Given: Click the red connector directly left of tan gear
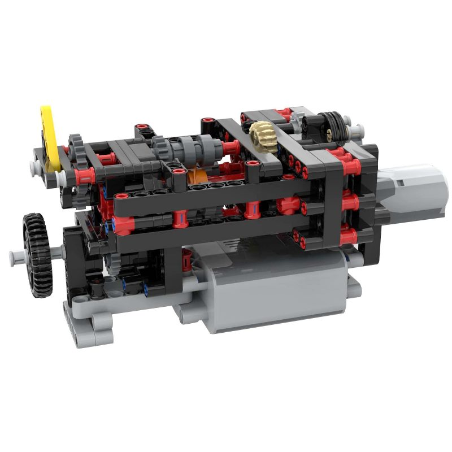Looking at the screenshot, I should coord(231,149).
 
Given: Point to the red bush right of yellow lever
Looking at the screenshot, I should coord(85,175).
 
